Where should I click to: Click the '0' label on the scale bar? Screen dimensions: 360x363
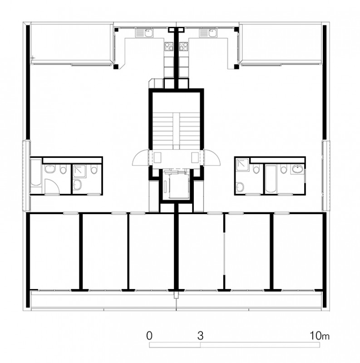click(x=149, y=335)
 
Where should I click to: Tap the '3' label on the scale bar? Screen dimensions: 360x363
click(x=200, y=335)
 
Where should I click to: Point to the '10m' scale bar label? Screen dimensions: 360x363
click(x=320, y=335)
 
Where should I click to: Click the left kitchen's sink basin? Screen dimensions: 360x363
click(x=148, y=33)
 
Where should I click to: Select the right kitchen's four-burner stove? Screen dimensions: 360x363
click(x=184, y=46)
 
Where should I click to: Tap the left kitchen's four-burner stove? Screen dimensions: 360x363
click(x=168, y=46)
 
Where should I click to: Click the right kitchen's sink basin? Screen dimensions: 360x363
click(x=212, y=33)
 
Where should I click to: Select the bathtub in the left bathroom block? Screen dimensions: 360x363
click(x=36, y=172)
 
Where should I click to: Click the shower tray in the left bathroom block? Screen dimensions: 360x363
click(x=79, y=172)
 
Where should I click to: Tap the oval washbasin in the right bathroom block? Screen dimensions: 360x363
click(x=297, y=169)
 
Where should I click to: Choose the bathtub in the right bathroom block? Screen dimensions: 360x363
click(x=271, y=178)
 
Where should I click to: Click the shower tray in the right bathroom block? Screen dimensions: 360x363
click(x=242, y=165)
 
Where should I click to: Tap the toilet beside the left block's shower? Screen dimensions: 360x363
click(x=94, y=169)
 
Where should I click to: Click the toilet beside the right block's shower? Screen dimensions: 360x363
click(x=256, y=169)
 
